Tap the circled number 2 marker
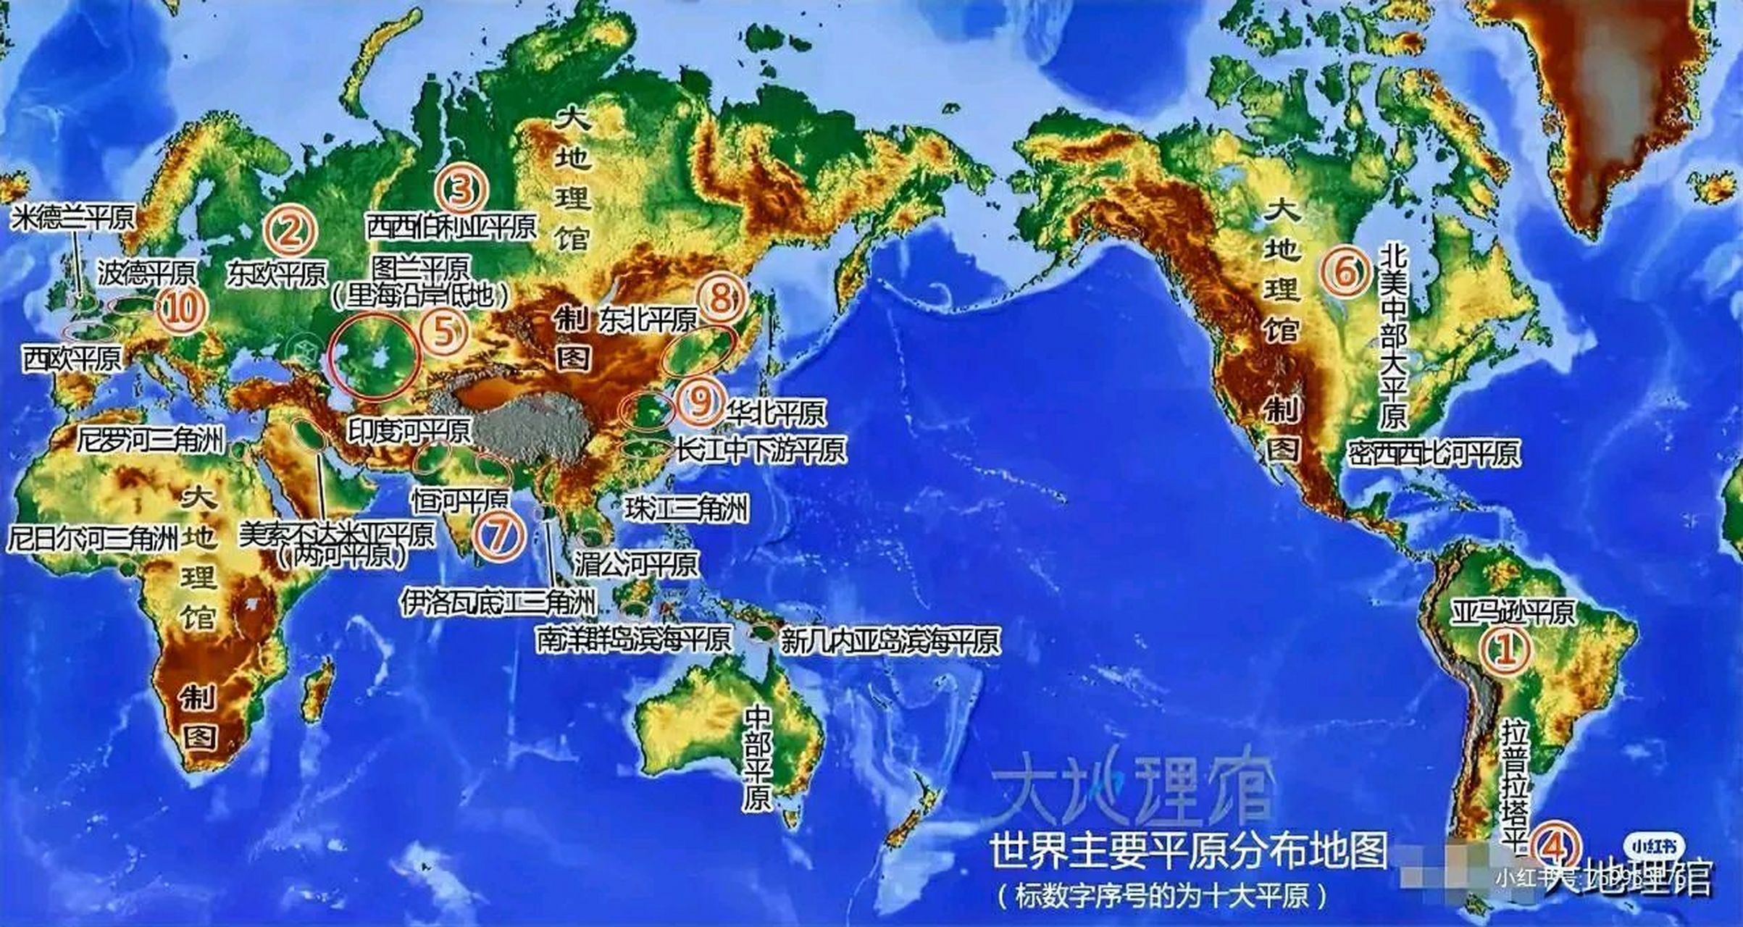(290, 232)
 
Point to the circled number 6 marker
(1344, 272)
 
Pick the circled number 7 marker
(499, 535)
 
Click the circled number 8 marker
(720, 297)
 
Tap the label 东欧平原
(276, 273)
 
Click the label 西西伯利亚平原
(451, 227)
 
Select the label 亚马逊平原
(1513, 612)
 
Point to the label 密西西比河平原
(1434, 453)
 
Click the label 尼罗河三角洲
(151, 439)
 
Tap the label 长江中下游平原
(761, 450)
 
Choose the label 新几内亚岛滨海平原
(890, 640)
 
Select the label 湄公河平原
(637, 564)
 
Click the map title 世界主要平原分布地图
(1188, 850)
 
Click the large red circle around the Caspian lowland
(373, 356)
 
